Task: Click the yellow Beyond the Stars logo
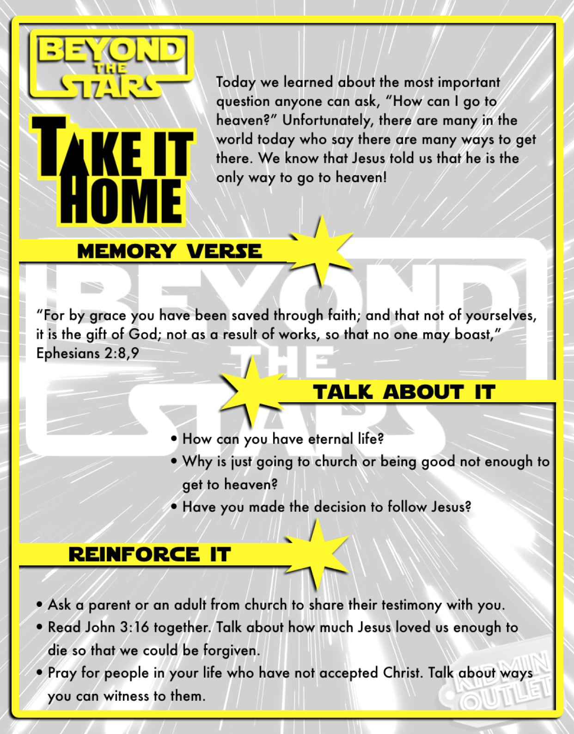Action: click(111, 65)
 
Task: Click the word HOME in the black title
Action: click(121, 201)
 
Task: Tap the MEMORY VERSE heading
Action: click(169, 251)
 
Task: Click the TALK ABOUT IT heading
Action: click(404, 392)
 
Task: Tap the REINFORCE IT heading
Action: click(149, 554)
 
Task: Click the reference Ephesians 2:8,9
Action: click(87, 354)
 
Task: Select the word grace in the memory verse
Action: click(108, 316)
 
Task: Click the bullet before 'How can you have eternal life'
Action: click(174, 439)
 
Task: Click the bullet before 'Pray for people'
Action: click(40, 673)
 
